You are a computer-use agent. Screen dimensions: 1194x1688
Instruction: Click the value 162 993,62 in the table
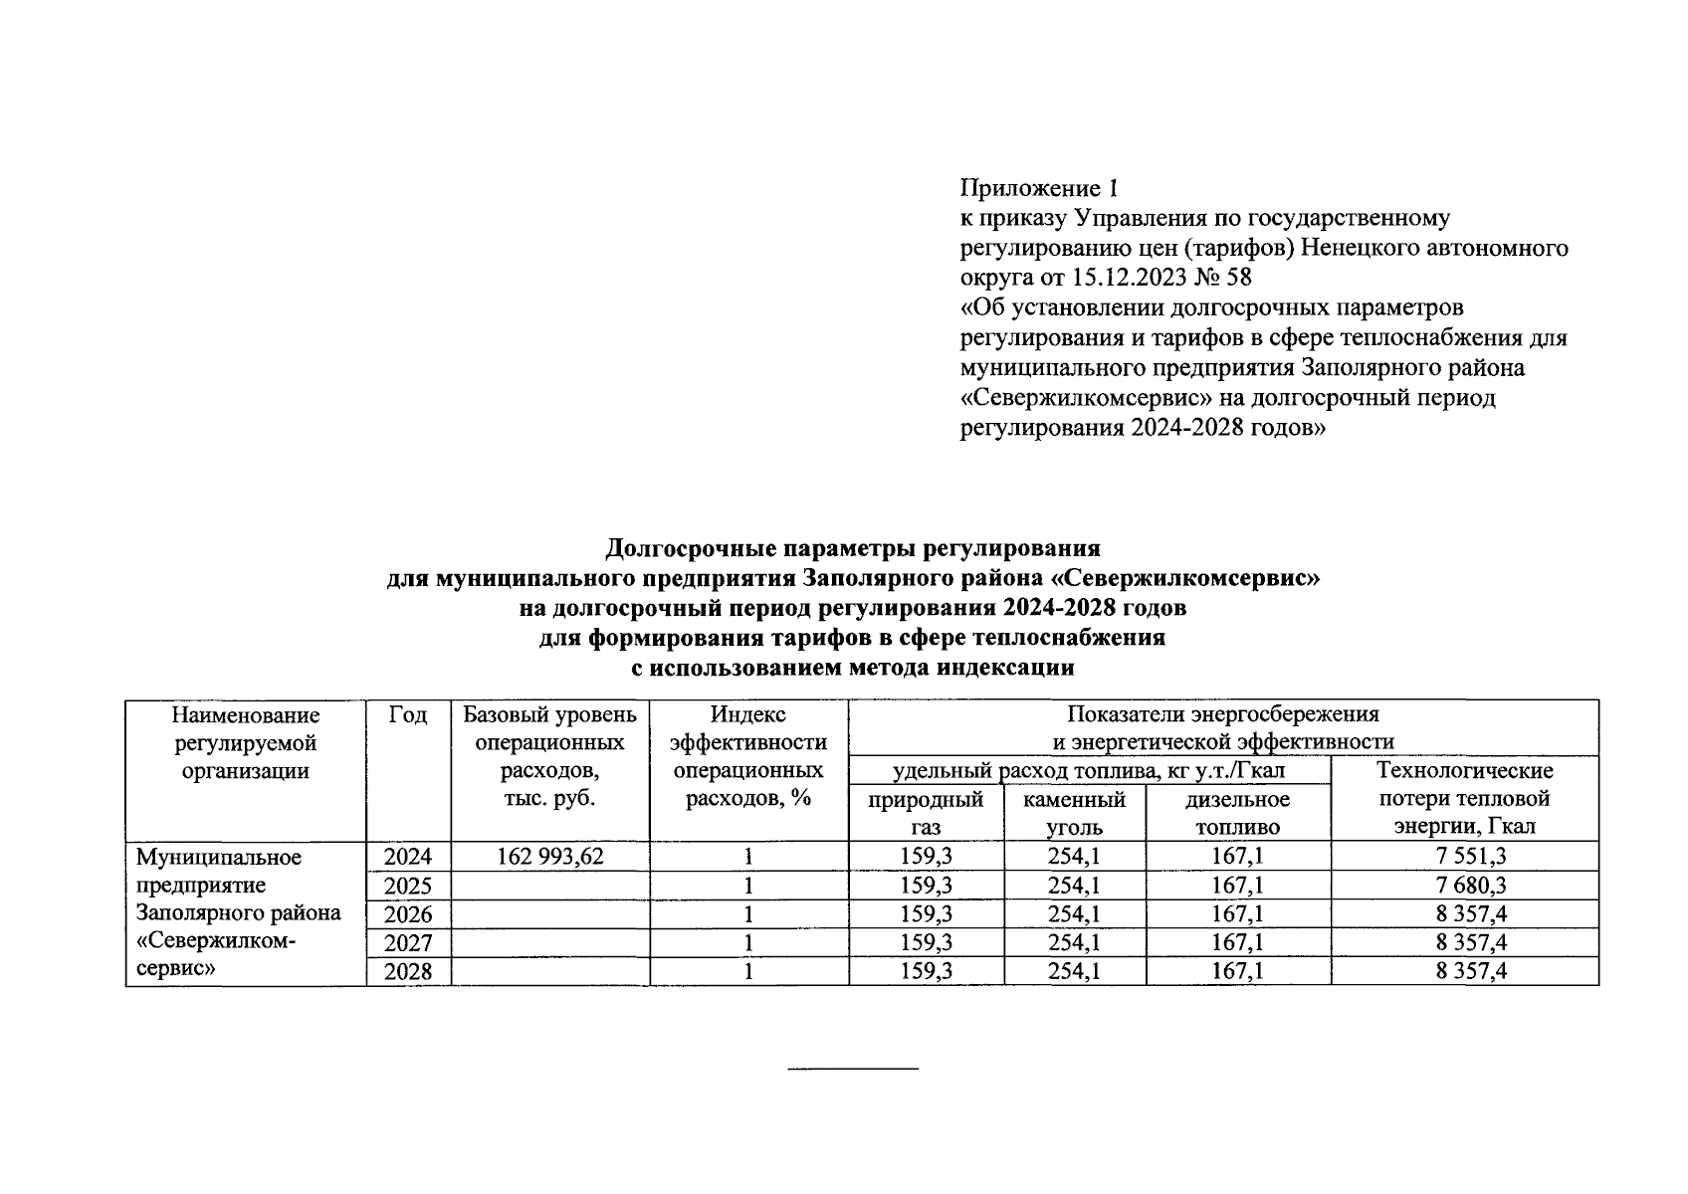[549, 857]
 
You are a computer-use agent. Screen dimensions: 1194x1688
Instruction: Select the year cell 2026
[408, 914]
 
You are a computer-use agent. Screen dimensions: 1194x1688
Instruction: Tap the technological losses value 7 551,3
[1464, 857]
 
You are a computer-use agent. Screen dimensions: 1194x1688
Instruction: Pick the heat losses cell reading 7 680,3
[1464, 886]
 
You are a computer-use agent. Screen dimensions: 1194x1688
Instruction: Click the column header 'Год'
[408, 715]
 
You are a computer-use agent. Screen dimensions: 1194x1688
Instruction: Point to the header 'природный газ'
[926, 813]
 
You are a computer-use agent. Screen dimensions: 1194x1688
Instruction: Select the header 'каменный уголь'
[1075, 813]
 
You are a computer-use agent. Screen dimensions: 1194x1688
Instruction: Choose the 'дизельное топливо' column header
[1238, 813]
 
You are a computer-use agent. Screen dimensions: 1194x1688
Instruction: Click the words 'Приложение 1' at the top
[1039, 188]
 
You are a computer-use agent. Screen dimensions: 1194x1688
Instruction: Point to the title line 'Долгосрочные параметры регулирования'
[853, 548]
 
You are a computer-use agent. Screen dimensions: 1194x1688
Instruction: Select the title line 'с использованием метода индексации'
[853, 668]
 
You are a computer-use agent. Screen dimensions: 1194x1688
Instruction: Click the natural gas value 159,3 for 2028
[926, 972]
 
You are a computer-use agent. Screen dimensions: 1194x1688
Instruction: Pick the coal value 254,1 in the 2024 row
[1075, 857]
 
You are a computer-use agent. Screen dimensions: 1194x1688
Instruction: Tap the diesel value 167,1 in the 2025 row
[1238, 886]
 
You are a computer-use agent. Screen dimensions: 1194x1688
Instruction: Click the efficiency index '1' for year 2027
[748, 943]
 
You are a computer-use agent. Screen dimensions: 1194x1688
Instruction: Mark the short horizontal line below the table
[853, 1070]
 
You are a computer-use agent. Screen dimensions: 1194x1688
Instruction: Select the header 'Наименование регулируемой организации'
[246, 743]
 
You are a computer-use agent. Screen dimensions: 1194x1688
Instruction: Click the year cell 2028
[408, 972]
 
